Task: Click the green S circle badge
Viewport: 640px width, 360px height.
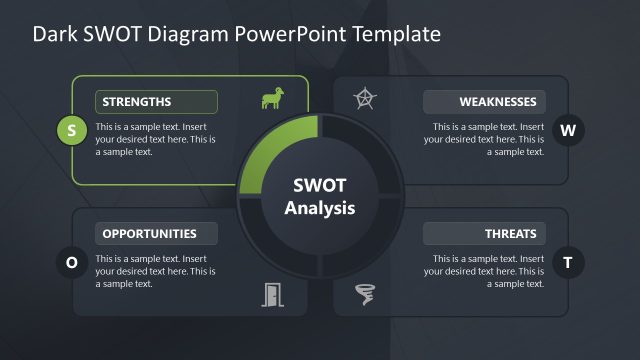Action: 71,129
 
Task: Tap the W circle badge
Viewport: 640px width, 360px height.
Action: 568,129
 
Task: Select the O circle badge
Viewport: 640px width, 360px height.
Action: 71,262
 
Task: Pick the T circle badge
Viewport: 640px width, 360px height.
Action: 568,262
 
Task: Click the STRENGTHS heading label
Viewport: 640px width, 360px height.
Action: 156,102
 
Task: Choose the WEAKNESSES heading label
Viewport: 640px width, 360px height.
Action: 484,102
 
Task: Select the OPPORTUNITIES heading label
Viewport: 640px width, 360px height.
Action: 156,234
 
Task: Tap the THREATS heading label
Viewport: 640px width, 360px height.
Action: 484,234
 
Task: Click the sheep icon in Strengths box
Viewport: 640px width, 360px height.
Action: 271,98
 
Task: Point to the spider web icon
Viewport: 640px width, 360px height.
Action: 367,98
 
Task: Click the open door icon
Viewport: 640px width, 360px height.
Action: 272,294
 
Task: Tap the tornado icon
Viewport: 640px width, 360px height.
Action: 367,294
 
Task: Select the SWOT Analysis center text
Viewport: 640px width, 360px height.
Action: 319,197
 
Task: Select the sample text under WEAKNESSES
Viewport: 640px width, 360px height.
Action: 484,140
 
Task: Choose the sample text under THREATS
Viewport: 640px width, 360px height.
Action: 484,271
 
